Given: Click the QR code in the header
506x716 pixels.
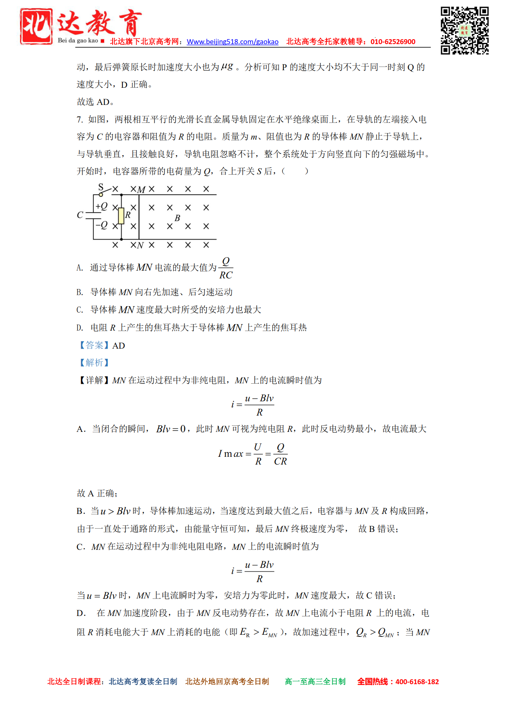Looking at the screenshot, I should click(464, 31).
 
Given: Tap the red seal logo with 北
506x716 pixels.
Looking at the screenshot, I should click(36, 26).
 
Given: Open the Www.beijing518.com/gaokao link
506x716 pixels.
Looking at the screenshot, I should click(233, 42).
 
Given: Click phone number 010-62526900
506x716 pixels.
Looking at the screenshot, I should click(393, 42).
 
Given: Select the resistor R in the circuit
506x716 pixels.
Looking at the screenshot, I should click(121, 216).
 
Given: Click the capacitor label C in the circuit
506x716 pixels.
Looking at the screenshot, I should click(80, 215).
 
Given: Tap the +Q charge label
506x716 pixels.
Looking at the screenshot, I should click(102, 206).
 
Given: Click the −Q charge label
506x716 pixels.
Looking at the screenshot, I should click(102, 225).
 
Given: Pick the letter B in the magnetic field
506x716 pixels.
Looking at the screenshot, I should click(177, 218).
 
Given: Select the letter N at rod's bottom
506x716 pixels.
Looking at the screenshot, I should click(140, 245).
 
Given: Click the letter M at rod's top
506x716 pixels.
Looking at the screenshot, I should click(141, 190).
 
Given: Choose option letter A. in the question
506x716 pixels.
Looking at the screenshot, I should click(80, 268).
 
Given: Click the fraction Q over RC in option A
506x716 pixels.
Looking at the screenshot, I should click(226, 268).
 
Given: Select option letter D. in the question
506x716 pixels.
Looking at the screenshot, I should click(80, 328).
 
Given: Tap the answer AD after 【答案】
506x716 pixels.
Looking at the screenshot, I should click(119, 346).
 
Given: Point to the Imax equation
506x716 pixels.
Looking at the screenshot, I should click(253, 454).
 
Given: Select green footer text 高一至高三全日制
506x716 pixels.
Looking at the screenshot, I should click(315, 682).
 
